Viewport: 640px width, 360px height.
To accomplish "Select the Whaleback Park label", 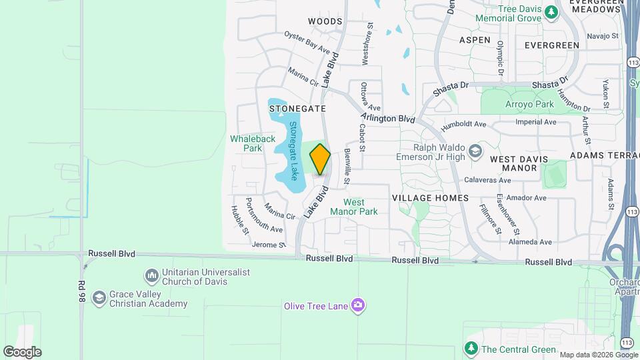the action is pyautogui.click(x=253, y=143).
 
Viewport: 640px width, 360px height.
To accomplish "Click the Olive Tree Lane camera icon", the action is pyautogui.click(x=358, y=305).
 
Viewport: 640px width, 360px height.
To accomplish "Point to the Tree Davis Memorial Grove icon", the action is pyautogui.click(x=551, y=11).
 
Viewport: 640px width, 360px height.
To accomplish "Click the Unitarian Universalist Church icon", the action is pyautogui.click(x=151, y=275).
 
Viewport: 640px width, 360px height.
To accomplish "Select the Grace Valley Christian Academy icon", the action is pyautogui.click(x=99, y=297).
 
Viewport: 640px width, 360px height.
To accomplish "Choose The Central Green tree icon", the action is pyautogui.click(x=471, y=349).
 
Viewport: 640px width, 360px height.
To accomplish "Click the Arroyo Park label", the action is pyautogui.click(x=530, y=105).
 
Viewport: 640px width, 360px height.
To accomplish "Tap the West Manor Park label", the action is pyautogui.click(x=361, y=207).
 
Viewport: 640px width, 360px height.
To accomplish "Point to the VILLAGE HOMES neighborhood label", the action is pyautogui.click(x=430, y=198).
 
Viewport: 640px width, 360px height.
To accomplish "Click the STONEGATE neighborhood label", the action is pyautogui.click(x=297, y=108).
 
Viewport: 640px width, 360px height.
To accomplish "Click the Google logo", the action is pyautogui.click(x=22, y=351).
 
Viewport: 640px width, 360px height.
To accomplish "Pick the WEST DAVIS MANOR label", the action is pyautogui.click(x=519, y=163).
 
